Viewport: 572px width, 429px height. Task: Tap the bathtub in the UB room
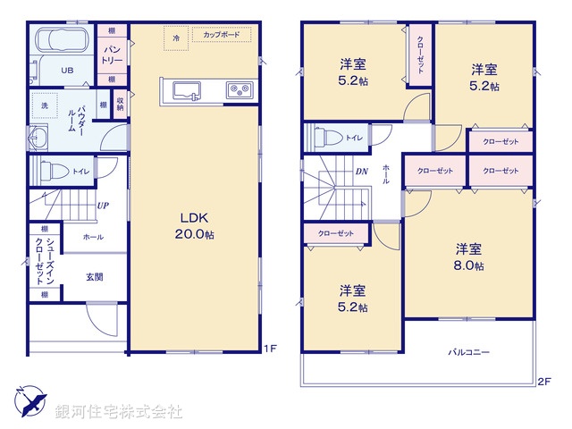[x=59, y=41]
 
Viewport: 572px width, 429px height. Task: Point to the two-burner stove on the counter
[x=240, y=89]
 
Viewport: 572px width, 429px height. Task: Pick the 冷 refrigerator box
[x=176, y=38]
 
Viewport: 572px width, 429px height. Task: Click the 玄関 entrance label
[x=95, y=277]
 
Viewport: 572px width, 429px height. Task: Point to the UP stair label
[x=103, y=206]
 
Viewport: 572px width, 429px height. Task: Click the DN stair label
[x=362, y=171]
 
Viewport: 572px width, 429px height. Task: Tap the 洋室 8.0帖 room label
[x=468, y=257]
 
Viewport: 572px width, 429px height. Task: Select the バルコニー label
[x=468, y=353]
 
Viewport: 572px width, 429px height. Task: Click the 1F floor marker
[x=269, y=349]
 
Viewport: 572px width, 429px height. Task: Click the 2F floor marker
[x=543, y=381]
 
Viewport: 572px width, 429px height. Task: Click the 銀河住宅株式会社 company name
[x=118, y=412]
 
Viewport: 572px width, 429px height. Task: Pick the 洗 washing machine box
[x=44, y=106]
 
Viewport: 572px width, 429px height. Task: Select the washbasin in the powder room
[x=40, y=138]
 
